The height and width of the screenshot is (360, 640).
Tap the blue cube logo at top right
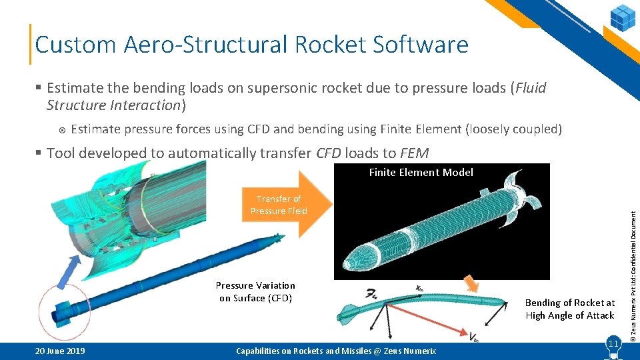tap(622, 17)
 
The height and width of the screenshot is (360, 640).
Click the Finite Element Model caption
tap(421, 173)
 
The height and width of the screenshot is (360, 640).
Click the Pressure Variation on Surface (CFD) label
tap(255, 292)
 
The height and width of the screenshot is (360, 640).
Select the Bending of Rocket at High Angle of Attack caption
tap(569, 309)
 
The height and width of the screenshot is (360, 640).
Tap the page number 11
tap(613, 343)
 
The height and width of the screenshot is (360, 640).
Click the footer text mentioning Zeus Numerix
tap(336, 351)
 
